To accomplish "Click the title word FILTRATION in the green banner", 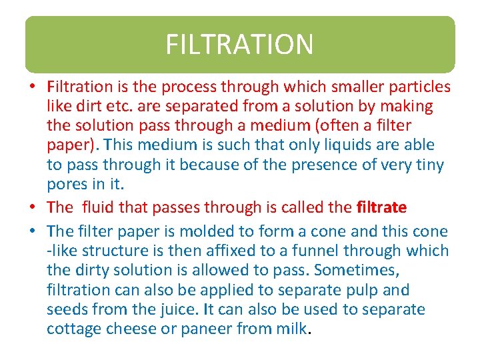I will (x=239, y=45).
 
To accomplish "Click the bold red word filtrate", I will (x=381, y=207).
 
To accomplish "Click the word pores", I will (x=65, y=183).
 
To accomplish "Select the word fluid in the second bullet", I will (x=98, y=207).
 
